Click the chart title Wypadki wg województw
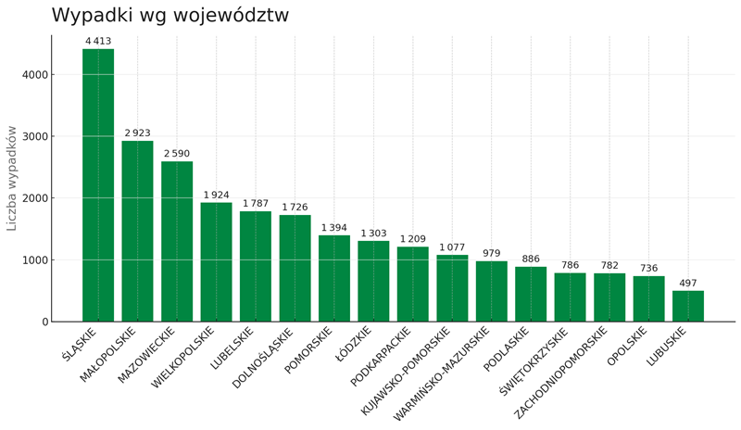pyautogui.click(x=170, y=16)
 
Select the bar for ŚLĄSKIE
pyautogui.click(x=98, y=185)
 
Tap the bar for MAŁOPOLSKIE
pyautogui.click(x=137, y=232)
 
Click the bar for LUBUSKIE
pyautogui.click(x=688, y=307)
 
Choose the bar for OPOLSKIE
pyautogui.click(x=648, y=299)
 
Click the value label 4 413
pyautogui.click(x=98, y=41)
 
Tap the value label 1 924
pyautogui.click(x=216, y=195)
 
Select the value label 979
pyautogui.click(x=491, y=253)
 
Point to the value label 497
pyautogui.click(x=688, y=284)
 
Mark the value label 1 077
pyautogui.click(x=452, y=247)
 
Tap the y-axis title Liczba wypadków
pyautogui.click(x=12, y=178)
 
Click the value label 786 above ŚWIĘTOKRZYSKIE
pyautogui.click(x=570, y=265)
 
